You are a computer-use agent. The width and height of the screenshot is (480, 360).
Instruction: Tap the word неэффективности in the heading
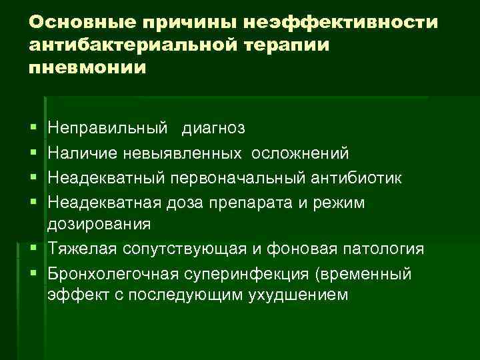point(343,23)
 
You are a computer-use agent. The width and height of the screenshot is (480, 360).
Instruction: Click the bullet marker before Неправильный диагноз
point(33,127)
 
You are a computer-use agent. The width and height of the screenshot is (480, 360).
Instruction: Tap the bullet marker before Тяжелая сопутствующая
point(33,249)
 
